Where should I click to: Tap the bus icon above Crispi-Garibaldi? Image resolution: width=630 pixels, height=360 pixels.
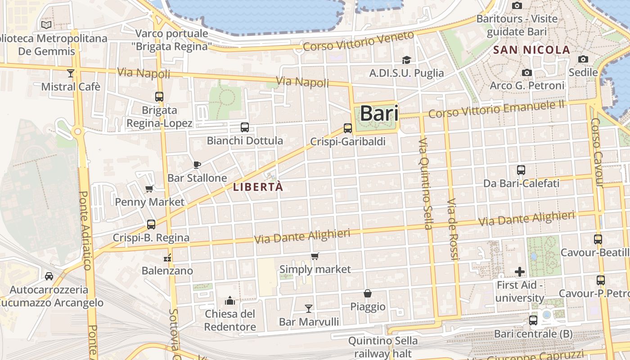tap(348, 128)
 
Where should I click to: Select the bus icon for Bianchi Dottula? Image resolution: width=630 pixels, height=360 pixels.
tap(245, 127)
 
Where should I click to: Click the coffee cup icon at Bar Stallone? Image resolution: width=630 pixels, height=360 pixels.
tap(197, 165)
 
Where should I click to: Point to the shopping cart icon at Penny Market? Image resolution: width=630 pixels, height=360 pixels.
tap(149, 189)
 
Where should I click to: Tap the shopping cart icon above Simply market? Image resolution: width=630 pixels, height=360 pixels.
tap(315, 256)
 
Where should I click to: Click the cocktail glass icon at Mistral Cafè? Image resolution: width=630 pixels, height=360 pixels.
tap(71, 73)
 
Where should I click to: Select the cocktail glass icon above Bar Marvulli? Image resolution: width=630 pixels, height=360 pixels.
tap(309, 308)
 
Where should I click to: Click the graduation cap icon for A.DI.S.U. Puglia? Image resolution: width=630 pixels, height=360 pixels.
tap(406, 60)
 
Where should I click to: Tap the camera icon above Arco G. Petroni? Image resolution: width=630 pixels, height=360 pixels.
tap(526, 72)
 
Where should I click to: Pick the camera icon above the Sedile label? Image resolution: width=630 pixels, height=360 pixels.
tap(583, 59)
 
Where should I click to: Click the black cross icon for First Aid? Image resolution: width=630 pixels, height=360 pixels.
tap(520, 272)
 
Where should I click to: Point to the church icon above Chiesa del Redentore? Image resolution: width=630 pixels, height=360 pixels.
tap(230, 300)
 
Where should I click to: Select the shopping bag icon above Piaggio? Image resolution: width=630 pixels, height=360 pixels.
tap(368, 294)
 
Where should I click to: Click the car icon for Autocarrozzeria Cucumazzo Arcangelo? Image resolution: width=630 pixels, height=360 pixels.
tap(49, 276)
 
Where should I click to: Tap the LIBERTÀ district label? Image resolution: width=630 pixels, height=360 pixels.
tap(258, 187)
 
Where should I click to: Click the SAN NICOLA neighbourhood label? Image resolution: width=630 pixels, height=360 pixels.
tap(532, 50)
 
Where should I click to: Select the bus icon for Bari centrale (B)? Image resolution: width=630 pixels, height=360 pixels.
tap(533, 320)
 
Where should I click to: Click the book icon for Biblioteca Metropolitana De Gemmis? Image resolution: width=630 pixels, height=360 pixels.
tap(46, 25)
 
